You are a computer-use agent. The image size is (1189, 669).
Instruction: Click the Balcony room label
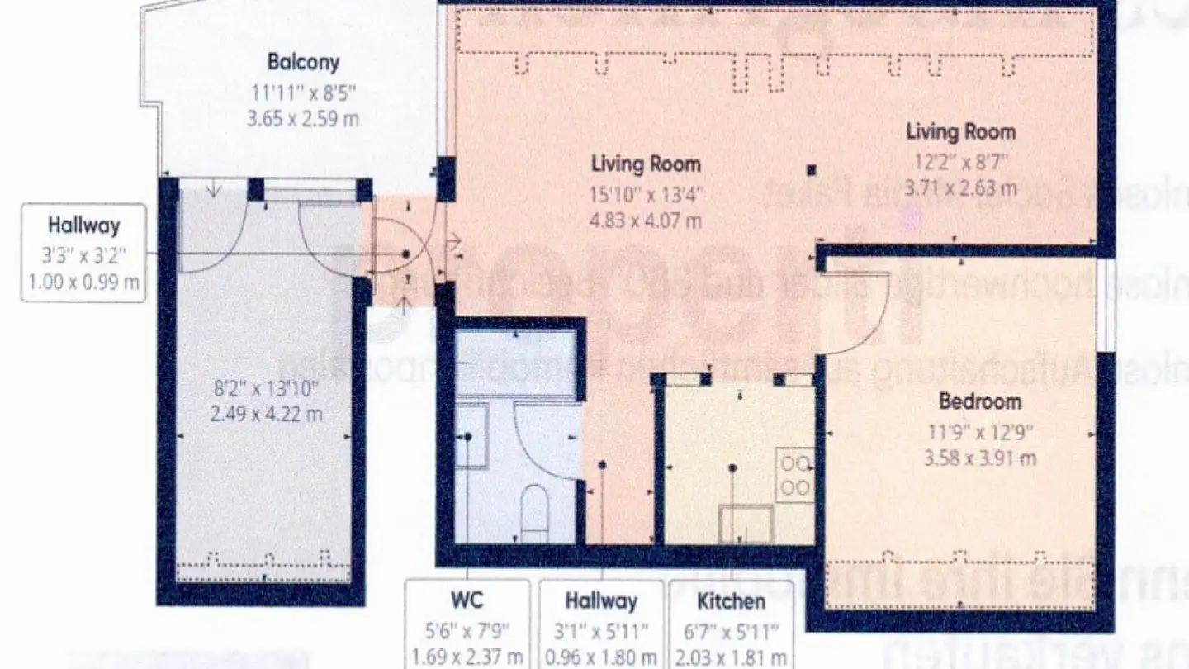point(303,62)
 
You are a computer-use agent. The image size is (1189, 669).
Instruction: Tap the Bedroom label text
point(980,402)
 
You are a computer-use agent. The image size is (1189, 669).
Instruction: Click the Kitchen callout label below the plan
point(730,600)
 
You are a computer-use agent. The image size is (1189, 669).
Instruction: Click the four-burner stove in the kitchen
point(794,475)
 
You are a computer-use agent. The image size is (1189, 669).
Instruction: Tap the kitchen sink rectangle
point(746,524)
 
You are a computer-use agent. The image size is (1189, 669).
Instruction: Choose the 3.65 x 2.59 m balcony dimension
point(303,118)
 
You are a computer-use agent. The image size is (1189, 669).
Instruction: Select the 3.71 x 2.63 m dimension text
point(960,188)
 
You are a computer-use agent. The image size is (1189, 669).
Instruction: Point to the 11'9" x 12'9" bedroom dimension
point(980,430)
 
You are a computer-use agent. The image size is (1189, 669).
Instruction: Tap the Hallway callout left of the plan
point(83,225)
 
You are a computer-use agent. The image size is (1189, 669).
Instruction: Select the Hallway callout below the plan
point(600,600)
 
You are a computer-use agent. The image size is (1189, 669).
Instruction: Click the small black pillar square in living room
point(812,170)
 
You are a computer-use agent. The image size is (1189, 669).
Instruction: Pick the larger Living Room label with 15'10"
point(646,164)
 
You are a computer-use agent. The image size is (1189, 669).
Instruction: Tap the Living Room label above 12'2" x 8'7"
point(960,131)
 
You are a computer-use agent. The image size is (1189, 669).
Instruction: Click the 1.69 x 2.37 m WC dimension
point(467,658)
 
